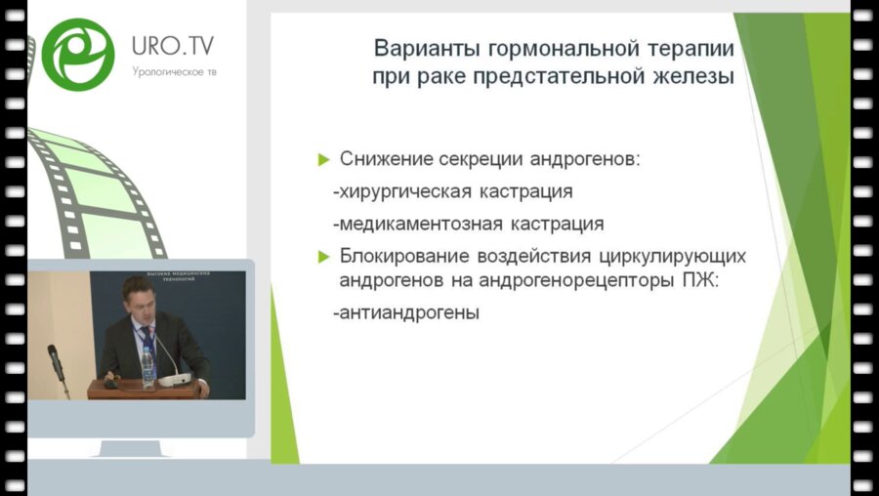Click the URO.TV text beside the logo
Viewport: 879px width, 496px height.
point(172,45)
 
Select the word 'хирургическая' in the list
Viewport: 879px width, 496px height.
point(399,191)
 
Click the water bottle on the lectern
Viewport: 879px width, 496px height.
point(147,366)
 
